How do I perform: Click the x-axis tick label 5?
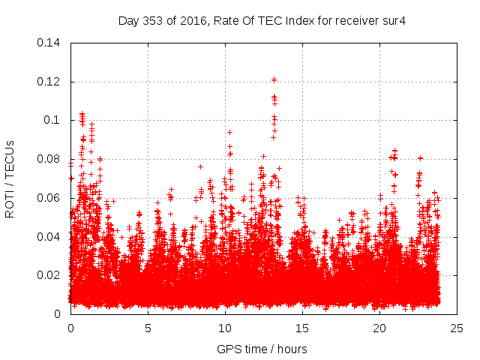[148, 328]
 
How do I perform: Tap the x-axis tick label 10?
[225, 328]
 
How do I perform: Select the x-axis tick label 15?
[302, 328]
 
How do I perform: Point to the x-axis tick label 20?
[379, 328]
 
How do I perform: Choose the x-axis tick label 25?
[457, 328]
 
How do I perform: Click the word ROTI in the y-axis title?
[10, 203]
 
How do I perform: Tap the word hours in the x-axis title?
[290, 349]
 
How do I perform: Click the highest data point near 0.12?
[274, 79]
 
